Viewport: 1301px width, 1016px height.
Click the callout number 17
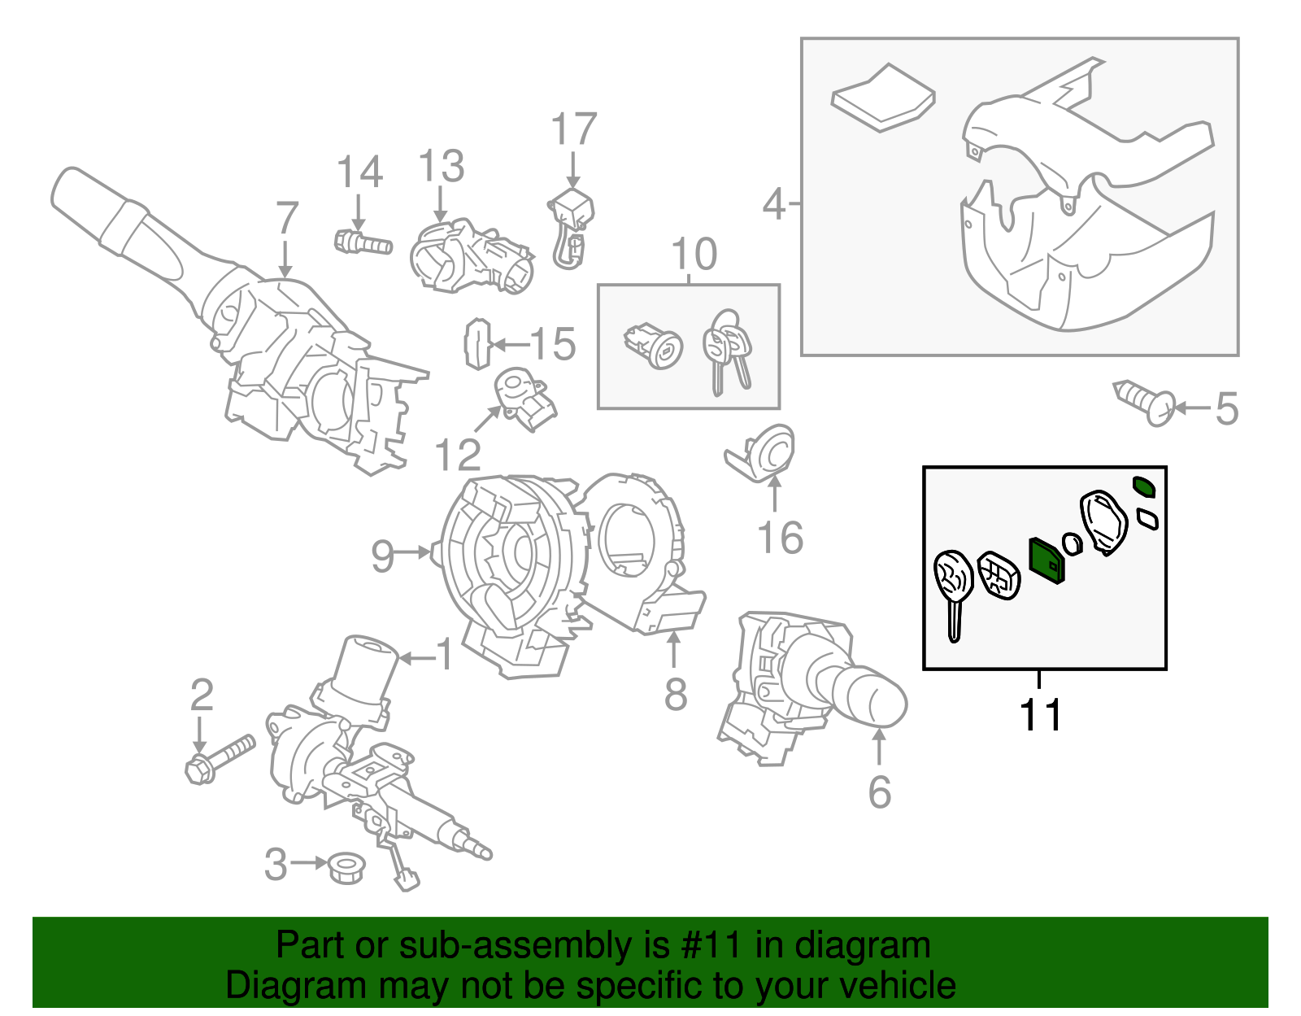point(573,129)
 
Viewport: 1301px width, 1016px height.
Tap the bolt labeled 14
point(363,242)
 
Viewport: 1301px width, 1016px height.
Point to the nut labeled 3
point(346,868)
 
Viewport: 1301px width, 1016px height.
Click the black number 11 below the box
point(1040,715)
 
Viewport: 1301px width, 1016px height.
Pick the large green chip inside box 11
point(1046,560)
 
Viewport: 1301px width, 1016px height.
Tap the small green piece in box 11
point(1144,486)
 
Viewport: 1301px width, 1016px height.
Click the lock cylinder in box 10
point(654,347)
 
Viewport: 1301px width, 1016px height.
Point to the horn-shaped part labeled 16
point(764,453)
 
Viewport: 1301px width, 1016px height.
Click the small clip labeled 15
point(477,344)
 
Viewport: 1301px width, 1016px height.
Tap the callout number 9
point(382,556)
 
